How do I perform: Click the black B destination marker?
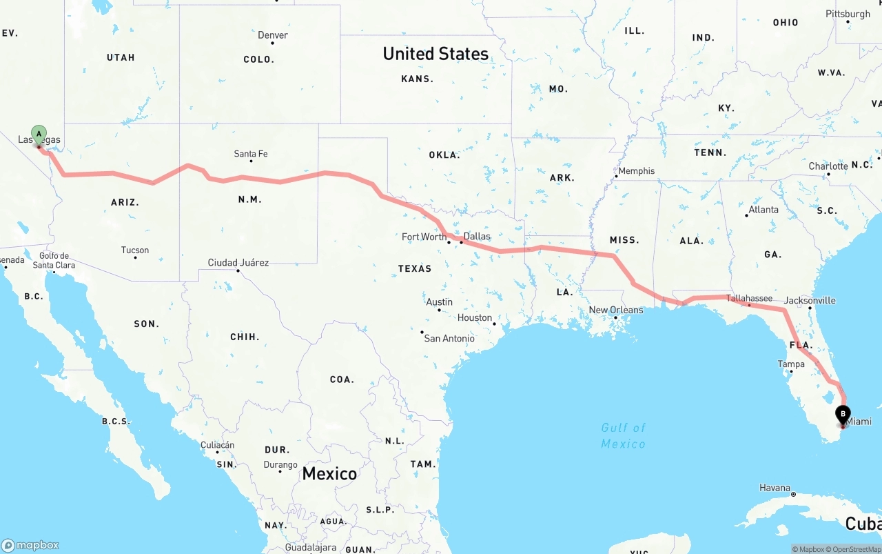click(x=843, y=415)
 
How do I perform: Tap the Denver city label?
click(x=273, y=35)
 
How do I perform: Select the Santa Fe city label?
click(x=251, y=154)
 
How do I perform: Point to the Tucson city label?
click(x=135, y=250)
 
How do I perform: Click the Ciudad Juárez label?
click(x=238, y=263)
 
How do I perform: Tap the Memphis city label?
click(x=637, y=171)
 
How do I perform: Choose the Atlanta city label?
click(x=763, y=210)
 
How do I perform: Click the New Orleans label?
click(x=615, y=310)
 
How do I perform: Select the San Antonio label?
click(x=449, y=338)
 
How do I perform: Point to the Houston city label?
click(x=475, y=318)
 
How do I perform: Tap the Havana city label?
click(x=775, y=488)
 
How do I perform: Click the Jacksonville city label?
click(x=810, y=300)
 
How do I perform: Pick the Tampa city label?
click(x=791, y=364)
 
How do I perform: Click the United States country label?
click(x=435, y=54)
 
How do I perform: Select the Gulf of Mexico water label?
click(x=623, y=435)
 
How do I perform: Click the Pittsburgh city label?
click(x=848, y=14)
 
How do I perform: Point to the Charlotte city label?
click(x=828, y=166)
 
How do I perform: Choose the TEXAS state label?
click(x=415, y=268)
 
